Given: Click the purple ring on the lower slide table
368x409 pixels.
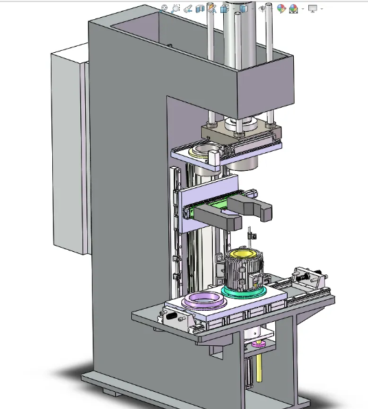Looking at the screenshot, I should [x=204, y=299].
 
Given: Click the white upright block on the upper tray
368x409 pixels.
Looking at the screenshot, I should [x=213, y=160].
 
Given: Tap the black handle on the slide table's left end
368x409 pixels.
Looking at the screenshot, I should [x=172, y=318].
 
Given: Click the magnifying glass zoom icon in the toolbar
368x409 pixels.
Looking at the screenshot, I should [x=176, y=8].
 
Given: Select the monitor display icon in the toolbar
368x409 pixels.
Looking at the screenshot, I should [x=313, y=8].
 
